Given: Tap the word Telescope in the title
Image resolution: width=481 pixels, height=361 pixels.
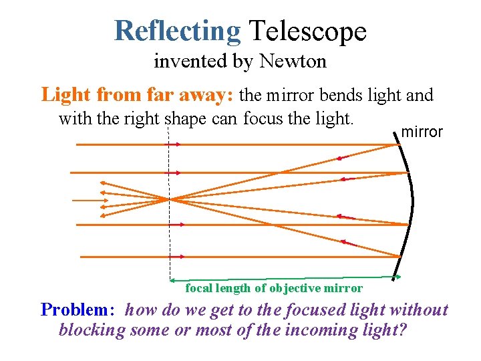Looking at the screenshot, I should click(307, 31).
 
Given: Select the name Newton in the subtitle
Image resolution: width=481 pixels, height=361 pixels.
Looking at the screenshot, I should click(293, 62).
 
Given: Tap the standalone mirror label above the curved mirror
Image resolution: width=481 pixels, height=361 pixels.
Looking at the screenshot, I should click(422, 132).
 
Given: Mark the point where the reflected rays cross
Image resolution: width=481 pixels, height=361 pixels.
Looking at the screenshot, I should click(171, 199).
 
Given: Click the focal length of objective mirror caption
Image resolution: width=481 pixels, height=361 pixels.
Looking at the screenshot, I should click(274, 288).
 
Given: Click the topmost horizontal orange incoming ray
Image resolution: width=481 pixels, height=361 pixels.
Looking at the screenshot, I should click(234, 144).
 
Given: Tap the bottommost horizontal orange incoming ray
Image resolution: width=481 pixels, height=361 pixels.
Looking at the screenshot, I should click(234, 257).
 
